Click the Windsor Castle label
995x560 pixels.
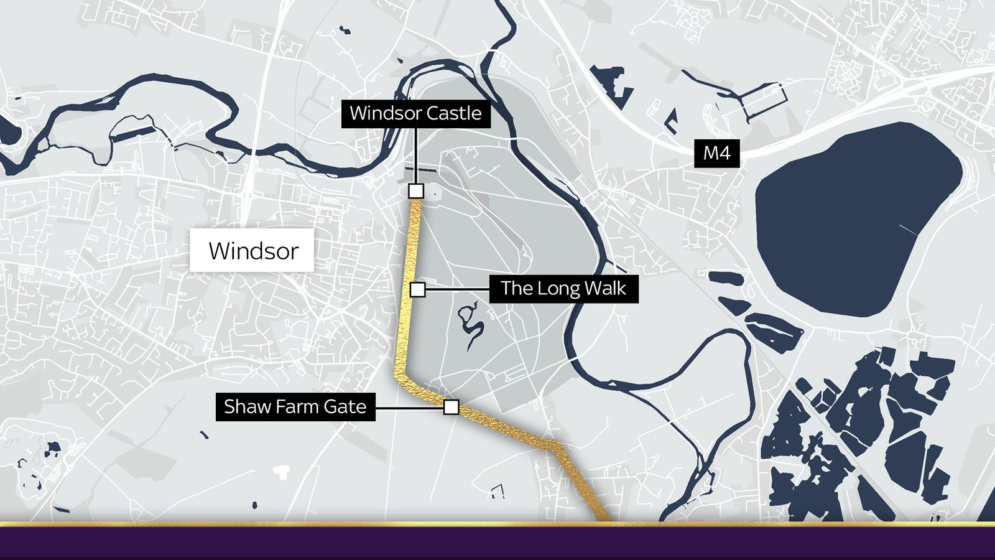[x=415, y=113]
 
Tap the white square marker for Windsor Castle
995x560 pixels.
[x=416, y=190]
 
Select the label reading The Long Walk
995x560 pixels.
[x=563, y=288]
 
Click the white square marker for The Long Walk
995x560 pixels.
[x=418, y=289]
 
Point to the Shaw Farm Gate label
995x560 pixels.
[x=295, y=407]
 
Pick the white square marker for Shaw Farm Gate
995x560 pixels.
[x=451, y=408]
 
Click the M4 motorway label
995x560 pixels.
[x=716, y=153]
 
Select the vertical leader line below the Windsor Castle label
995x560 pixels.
[x=415, y=156]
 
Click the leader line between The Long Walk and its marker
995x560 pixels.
[x=458, y=289]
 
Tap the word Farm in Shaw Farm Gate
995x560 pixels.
[x=297, y=407]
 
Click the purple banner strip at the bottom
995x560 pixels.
[x=497, y=544]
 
